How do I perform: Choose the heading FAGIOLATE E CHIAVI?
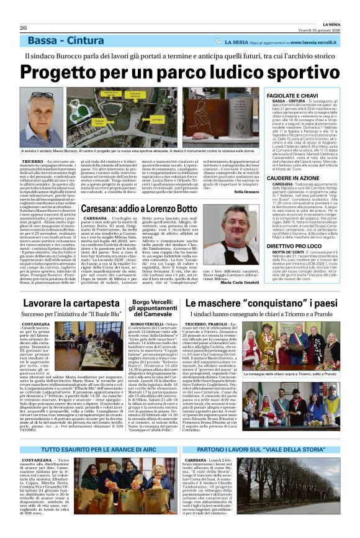[313, 94]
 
